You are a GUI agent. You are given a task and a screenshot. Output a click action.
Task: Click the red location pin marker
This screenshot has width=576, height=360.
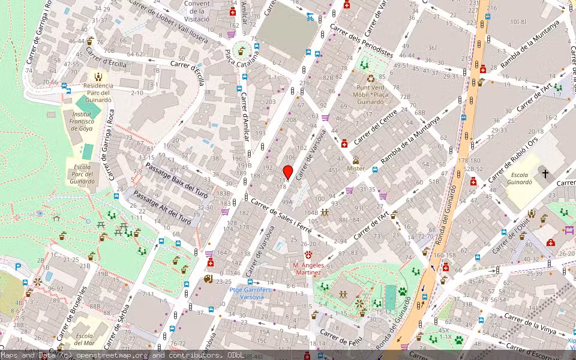[287, 172]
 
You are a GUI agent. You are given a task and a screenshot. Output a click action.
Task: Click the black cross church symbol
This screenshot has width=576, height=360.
[545, 174]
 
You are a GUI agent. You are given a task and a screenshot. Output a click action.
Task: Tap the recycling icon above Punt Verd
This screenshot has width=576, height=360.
[371, 78]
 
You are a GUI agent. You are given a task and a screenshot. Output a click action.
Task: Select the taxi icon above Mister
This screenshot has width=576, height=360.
[356, 160]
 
